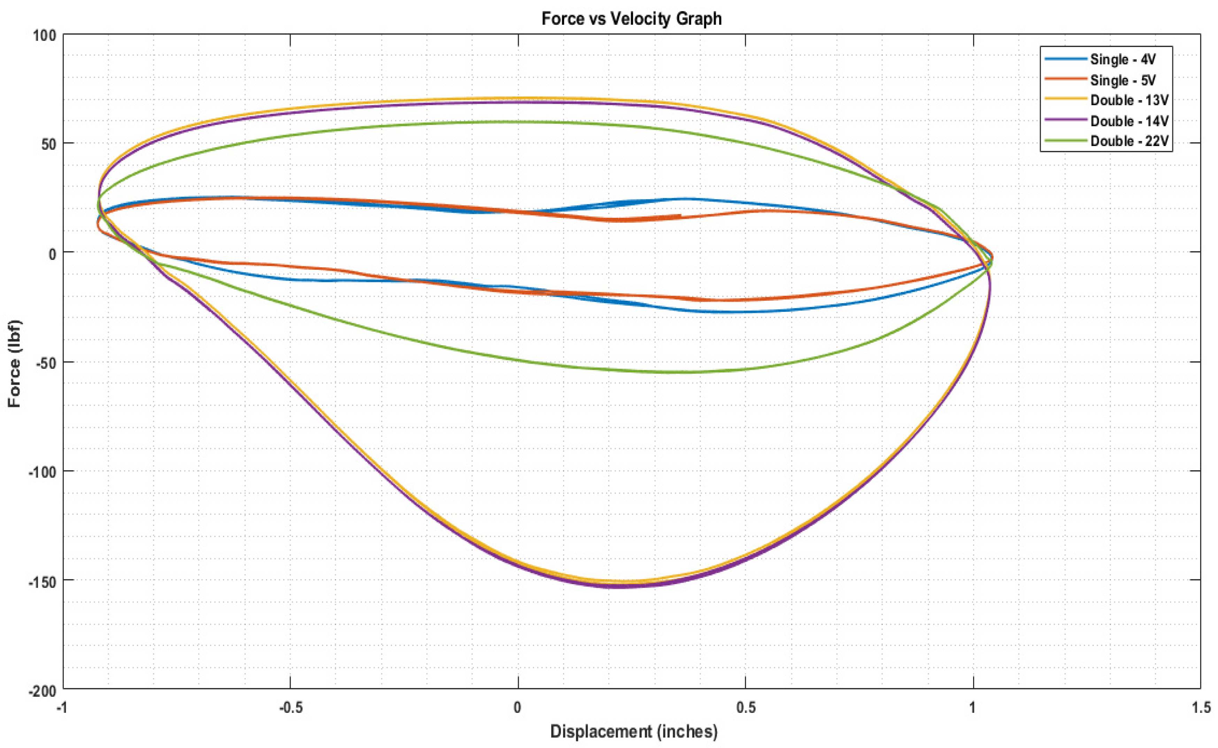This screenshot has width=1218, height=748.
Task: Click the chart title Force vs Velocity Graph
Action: (x=631, y=19)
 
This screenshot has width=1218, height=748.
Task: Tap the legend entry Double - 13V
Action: (x=1129, y=101)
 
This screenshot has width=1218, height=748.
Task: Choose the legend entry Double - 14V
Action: (x=1129, y=121)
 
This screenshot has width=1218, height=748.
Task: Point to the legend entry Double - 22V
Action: (x=1129, y=141)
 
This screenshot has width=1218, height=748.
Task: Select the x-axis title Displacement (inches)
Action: (x=633, y=731)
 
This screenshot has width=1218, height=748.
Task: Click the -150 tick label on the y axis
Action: (x=42, y=580)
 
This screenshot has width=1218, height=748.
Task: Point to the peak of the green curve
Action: (x=517, y=121)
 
